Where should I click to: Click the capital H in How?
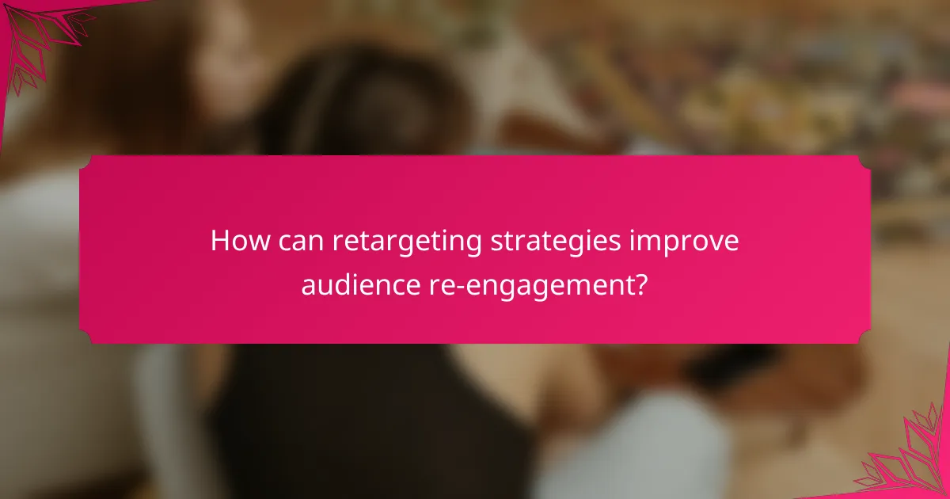point(219,242)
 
